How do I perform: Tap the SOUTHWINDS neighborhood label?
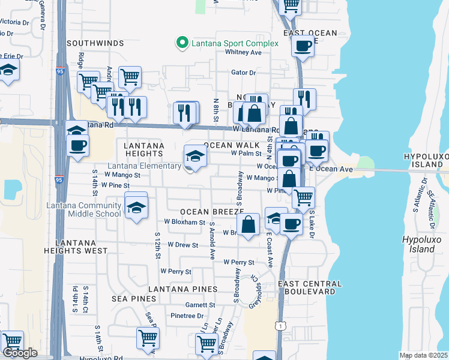pos(95,44)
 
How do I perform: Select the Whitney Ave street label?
pos(243,52)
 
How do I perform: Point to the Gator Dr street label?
pos(244,73)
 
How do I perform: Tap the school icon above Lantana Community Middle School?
pos(136,208)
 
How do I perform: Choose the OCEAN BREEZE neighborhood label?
pos(212,212)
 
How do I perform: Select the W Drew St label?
pos(183,245)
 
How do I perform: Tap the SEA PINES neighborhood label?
pos(133,298)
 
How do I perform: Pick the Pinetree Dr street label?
pos(187,316)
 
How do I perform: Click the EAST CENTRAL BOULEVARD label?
pos(310,287)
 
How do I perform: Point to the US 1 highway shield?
pos(280,325)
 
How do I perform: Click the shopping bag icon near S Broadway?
pos(248,225)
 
